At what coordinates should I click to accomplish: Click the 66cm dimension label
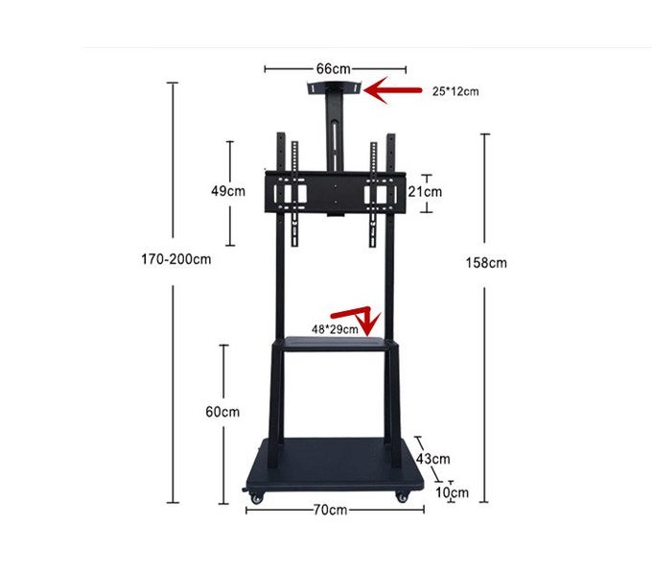pyautogui.click(x=334, y=69)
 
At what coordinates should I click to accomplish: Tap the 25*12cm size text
pyautogui.click(x=454, y=92)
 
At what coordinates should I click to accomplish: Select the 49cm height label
pyautogui.click(x=228, y=190)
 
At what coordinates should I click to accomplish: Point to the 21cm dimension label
pyautogui.click(x=425, y=191)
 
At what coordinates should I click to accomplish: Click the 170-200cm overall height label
pyautogui.click(x=175, y=259)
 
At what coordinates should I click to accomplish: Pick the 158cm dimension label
pyautogui.click(x=486, y=262)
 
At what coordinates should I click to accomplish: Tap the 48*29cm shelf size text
pyautogui.click(x=335, y=329)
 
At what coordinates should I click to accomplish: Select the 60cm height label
pyautogui.click(x=222, y=412)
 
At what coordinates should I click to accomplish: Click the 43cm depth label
pyautogui.click(x=432, y=459)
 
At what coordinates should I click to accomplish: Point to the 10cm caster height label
pyautogui.click(x=452, y=492)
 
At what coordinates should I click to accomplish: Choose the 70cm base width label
pyautogui.click(x=331, y=510)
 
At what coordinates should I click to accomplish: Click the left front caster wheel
pyautogui.click(x=256, y=496)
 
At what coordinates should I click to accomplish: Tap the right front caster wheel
pyautogui.click(x=400, y=496)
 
